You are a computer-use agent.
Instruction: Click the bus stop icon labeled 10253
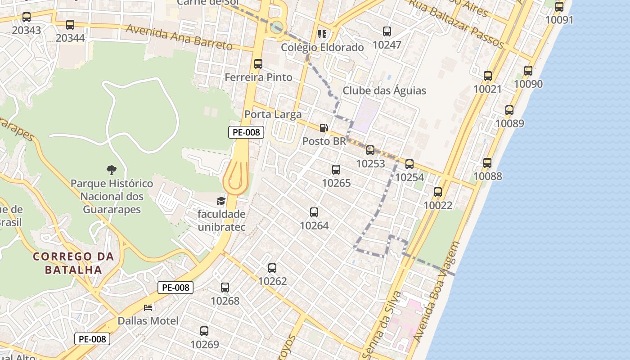pyautogui.click(x=370, y=150)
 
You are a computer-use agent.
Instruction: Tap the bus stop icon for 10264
pyautogui.click(x=314, y=212)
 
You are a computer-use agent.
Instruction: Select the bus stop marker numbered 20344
pyautogui.click(x=70, y=25)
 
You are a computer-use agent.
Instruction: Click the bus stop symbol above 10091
pyautogui.click(x=559, y=7)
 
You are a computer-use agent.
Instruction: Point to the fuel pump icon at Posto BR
pyautogui.click(x=324, y=128)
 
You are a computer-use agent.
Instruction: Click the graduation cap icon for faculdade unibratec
pyautogui.click(x=221, y=201)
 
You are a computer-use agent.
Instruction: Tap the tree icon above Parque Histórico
pyautogui.click(x=111, y=170)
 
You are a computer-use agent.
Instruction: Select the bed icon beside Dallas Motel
pyautogui.click(x=148, y=308)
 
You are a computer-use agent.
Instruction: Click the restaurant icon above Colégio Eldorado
pyautogui.click(x=322, y=34)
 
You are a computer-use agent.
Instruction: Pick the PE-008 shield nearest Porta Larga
pyautogui.click(x=246, y=132)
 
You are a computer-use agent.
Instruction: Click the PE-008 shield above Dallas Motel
pyautogui.click(x=175, y=288)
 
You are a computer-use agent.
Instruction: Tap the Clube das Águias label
pyautogui.click(x=384, y=90)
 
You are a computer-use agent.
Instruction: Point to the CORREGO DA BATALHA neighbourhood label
pyautogui.click(x=73, y=263)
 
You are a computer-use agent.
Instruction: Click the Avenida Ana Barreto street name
pyautogui.click(x=179, y=37)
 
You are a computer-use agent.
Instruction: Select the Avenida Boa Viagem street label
pyautogui.click(x=437, y=292)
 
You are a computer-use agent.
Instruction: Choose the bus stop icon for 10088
pyautogui.click(x=487, y=163)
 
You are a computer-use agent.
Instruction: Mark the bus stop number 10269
pyautogui.click(x=204, y=331)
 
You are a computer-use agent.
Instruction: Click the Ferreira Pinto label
pyautogui.click(x=258, y=77)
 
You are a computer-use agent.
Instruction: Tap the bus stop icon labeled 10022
pyautogui.click(x=438, y=192)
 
